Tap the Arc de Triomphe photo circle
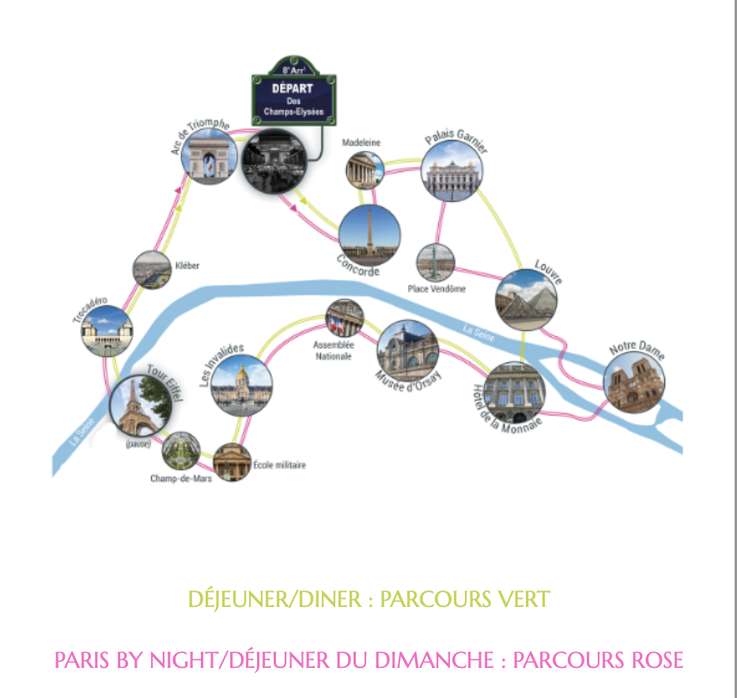click(x=210, y=154)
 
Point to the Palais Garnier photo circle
click(x=452, y=170)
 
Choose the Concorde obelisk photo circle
click(x=369, y=235)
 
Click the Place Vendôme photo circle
click(x=436, y=264)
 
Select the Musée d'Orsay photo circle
click(x=408, y=349)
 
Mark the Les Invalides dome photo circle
click(x=242, y=385)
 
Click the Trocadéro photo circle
click(x=107, y=331)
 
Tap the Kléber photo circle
click(x=152, y=269)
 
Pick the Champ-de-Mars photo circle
click(x=181, y=451)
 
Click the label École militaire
click(x=279, y=465)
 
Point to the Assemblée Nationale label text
click(x=334, y=350)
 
